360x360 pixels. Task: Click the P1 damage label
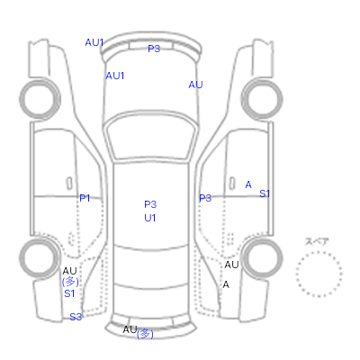pyautogui.click(x=85, y=198)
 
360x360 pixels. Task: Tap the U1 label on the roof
pyautogui.click(x=150, y=218)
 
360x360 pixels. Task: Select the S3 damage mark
pyautogui.click(x=76, y=317)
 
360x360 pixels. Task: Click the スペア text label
pyautogui.click(x=317, y=241)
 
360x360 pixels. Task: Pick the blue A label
pyautogui.click(x=248, y=184)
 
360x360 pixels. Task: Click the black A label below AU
pyautogui.click(x=226, y=284)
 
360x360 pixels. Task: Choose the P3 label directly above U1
pyautogui.click(x=150, y=204)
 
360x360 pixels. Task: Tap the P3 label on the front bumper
pyautogui.click(x=154, y=49)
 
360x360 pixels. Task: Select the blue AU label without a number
pyautogui.click(x=195, y=85)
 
